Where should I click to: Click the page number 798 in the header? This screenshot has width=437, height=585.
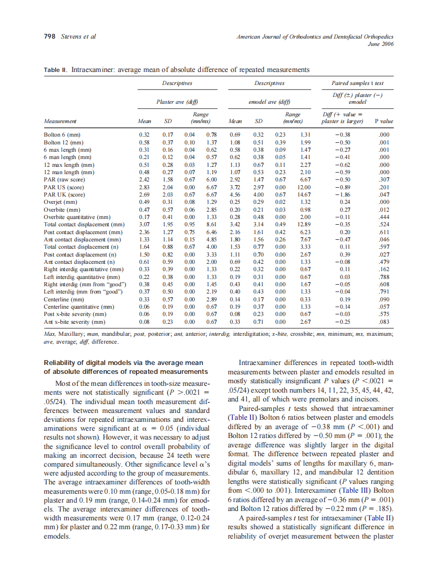click(x=50, y=37)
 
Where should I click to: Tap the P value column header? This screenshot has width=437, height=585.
click(x=383, y=121)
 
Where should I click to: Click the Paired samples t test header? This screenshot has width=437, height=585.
click(x=357, y=83)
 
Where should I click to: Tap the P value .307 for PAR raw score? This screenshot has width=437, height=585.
click(x=385, y=179)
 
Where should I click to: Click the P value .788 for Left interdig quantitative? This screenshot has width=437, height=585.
click(x=385, y=277)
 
